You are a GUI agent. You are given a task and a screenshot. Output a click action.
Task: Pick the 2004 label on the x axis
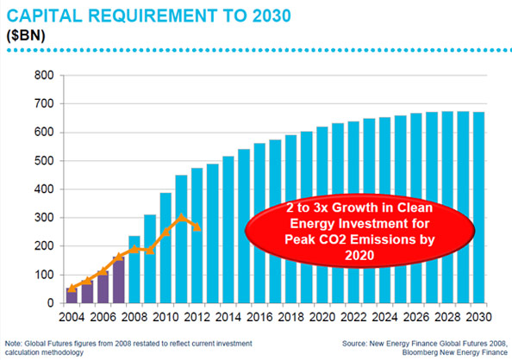click(72, 317)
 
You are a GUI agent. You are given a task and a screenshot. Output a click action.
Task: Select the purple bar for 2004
click(72, 296)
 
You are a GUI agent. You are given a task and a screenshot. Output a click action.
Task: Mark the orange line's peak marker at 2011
click(181, 218)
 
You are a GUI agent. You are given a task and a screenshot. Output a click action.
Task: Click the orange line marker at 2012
click(197, 228)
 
